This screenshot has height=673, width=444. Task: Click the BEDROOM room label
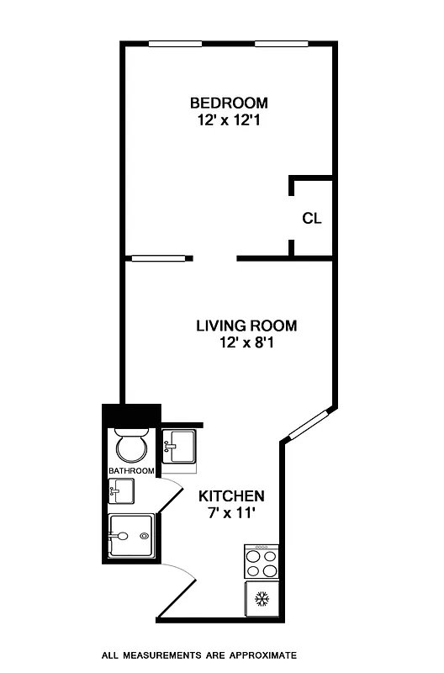(x=229, y=103)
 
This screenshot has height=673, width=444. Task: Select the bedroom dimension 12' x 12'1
(x=229, y=119)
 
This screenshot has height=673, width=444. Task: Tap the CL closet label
(x=312, y=219)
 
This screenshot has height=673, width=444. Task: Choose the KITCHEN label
(x=231, y=496)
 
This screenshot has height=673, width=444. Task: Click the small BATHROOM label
(x=131, y=471)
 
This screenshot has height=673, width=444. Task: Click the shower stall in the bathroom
(x=131, y=536)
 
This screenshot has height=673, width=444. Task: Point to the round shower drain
(x=145, y=536)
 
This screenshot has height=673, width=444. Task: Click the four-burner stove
(x=261, y=563)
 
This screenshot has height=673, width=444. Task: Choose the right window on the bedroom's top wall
(x=280, y=44)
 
